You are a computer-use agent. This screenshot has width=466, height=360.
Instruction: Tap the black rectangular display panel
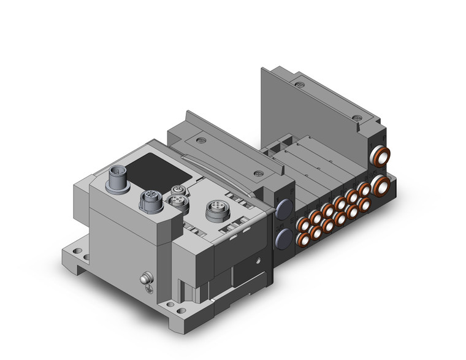pos(156,166)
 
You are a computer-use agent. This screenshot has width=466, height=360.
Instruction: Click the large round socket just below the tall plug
pos(151,199)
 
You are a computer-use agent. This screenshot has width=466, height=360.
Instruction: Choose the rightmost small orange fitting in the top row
pos(364,190)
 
